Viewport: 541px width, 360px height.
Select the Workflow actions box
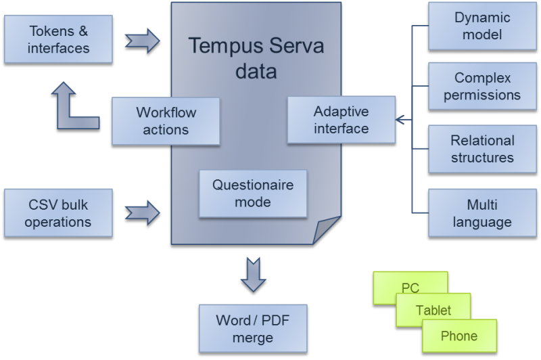pos(166,120)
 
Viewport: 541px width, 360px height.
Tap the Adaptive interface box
pos(341,120)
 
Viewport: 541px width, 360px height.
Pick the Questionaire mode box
pos(251,193)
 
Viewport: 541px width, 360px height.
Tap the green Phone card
pos(459,336)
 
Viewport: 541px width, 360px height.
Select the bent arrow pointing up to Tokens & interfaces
pos(74,108)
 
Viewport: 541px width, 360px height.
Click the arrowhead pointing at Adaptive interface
pos(399,120)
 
